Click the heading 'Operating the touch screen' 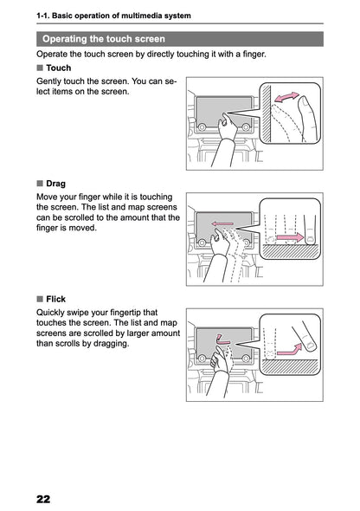point(103,39)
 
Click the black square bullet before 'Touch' point(40,68)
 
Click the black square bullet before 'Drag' point(40,184)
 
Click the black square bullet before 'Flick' point(40,299)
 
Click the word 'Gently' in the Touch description point(52,81)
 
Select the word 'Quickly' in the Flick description point(55,312)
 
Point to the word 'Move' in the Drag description point(50,197)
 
